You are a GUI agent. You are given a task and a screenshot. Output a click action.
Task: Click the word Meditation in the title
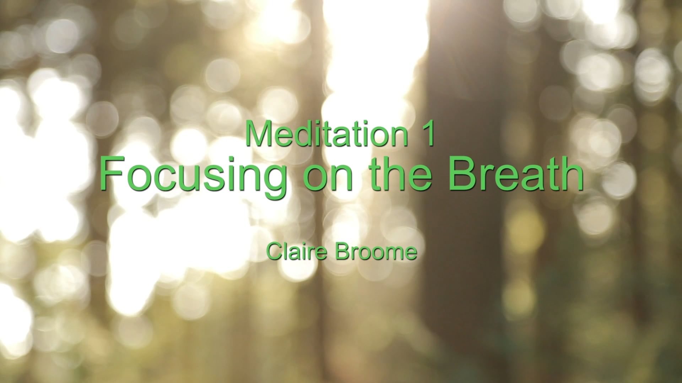326,134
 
